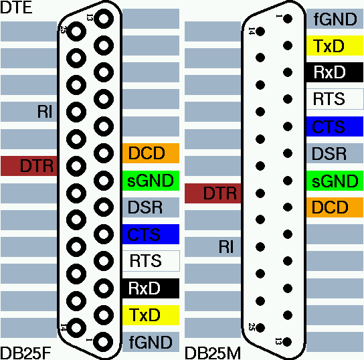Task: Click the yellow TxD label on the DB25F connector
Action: (x=151, y=315)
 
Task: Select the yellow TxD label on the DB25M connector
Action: (x=335, y=46)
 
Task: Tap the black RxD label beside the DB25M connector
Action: (x=335, y=72)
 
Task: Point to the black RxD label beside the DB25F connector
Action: (x=151, y=288)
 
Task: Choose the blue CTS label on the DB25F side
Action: (x=151, y=234)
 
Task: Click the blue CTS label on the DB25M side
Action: (x=335, y=126)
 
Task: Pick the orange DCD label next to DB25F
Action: (x=151, y=153)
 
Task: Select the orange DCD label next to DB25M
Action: (x=335, y=207)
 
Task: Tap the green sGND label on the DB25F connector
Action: (x=151, y=181)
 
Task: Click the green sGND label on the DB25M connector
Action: (x=335, y=181)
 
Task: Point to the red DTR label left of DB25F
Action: (x=29, y=166)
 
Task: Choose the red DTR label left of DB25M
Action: (x=213, y=193)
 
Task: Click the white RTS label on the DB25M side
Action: (x=335, y=99)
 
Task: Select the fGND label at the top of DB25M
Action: (x=335, y=19)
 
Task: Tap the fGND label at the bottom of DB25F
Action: (x=151, y=342)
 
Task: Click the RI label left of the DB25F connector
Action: (x=45, y=112)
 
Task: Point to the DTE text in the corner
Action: (x=16, y=7)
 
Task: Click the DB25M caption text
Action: (x=213, y=353)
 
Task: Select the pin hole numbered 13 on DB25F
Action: (x=104, y=19)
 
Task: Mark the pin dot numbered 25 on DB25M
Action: (x=260, y=328)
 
